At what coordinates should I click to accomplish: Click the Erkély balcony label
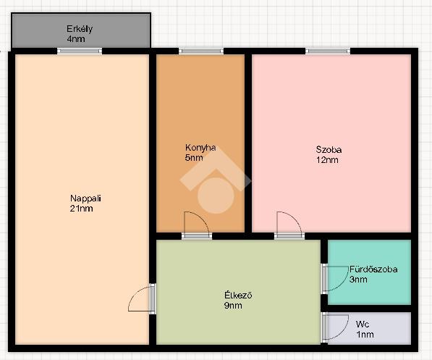80,29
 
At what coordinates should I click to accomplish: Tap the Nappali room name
85,198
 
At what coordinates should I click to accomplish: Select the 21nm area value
81,209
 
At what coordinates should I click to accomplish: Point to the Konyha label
200,148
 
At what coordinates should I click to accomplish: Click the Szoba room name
329,150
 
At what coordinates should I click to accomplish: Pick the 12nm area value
327,160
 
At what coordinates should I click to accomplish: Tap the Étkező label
238,296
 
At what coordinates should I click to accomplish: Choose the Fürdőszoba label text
373,269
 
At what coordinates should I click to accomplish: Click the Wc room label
363,324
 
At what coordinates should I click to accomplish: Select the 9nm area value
233,306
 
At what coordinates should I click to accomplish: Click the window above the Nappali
80,51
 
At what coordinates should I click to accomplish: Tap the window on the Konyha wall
201,51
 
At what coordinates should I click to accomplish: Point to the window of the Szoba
328,51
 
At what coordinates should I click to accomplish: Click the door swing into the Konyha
203,218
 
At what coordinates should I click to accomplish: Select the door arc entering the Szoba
296,218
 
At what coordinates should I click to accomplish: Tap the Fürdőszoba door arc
342,284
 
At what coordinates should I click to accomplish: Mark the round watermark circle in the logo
216,196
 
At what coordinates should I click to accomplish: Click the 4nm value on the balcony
76,39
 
